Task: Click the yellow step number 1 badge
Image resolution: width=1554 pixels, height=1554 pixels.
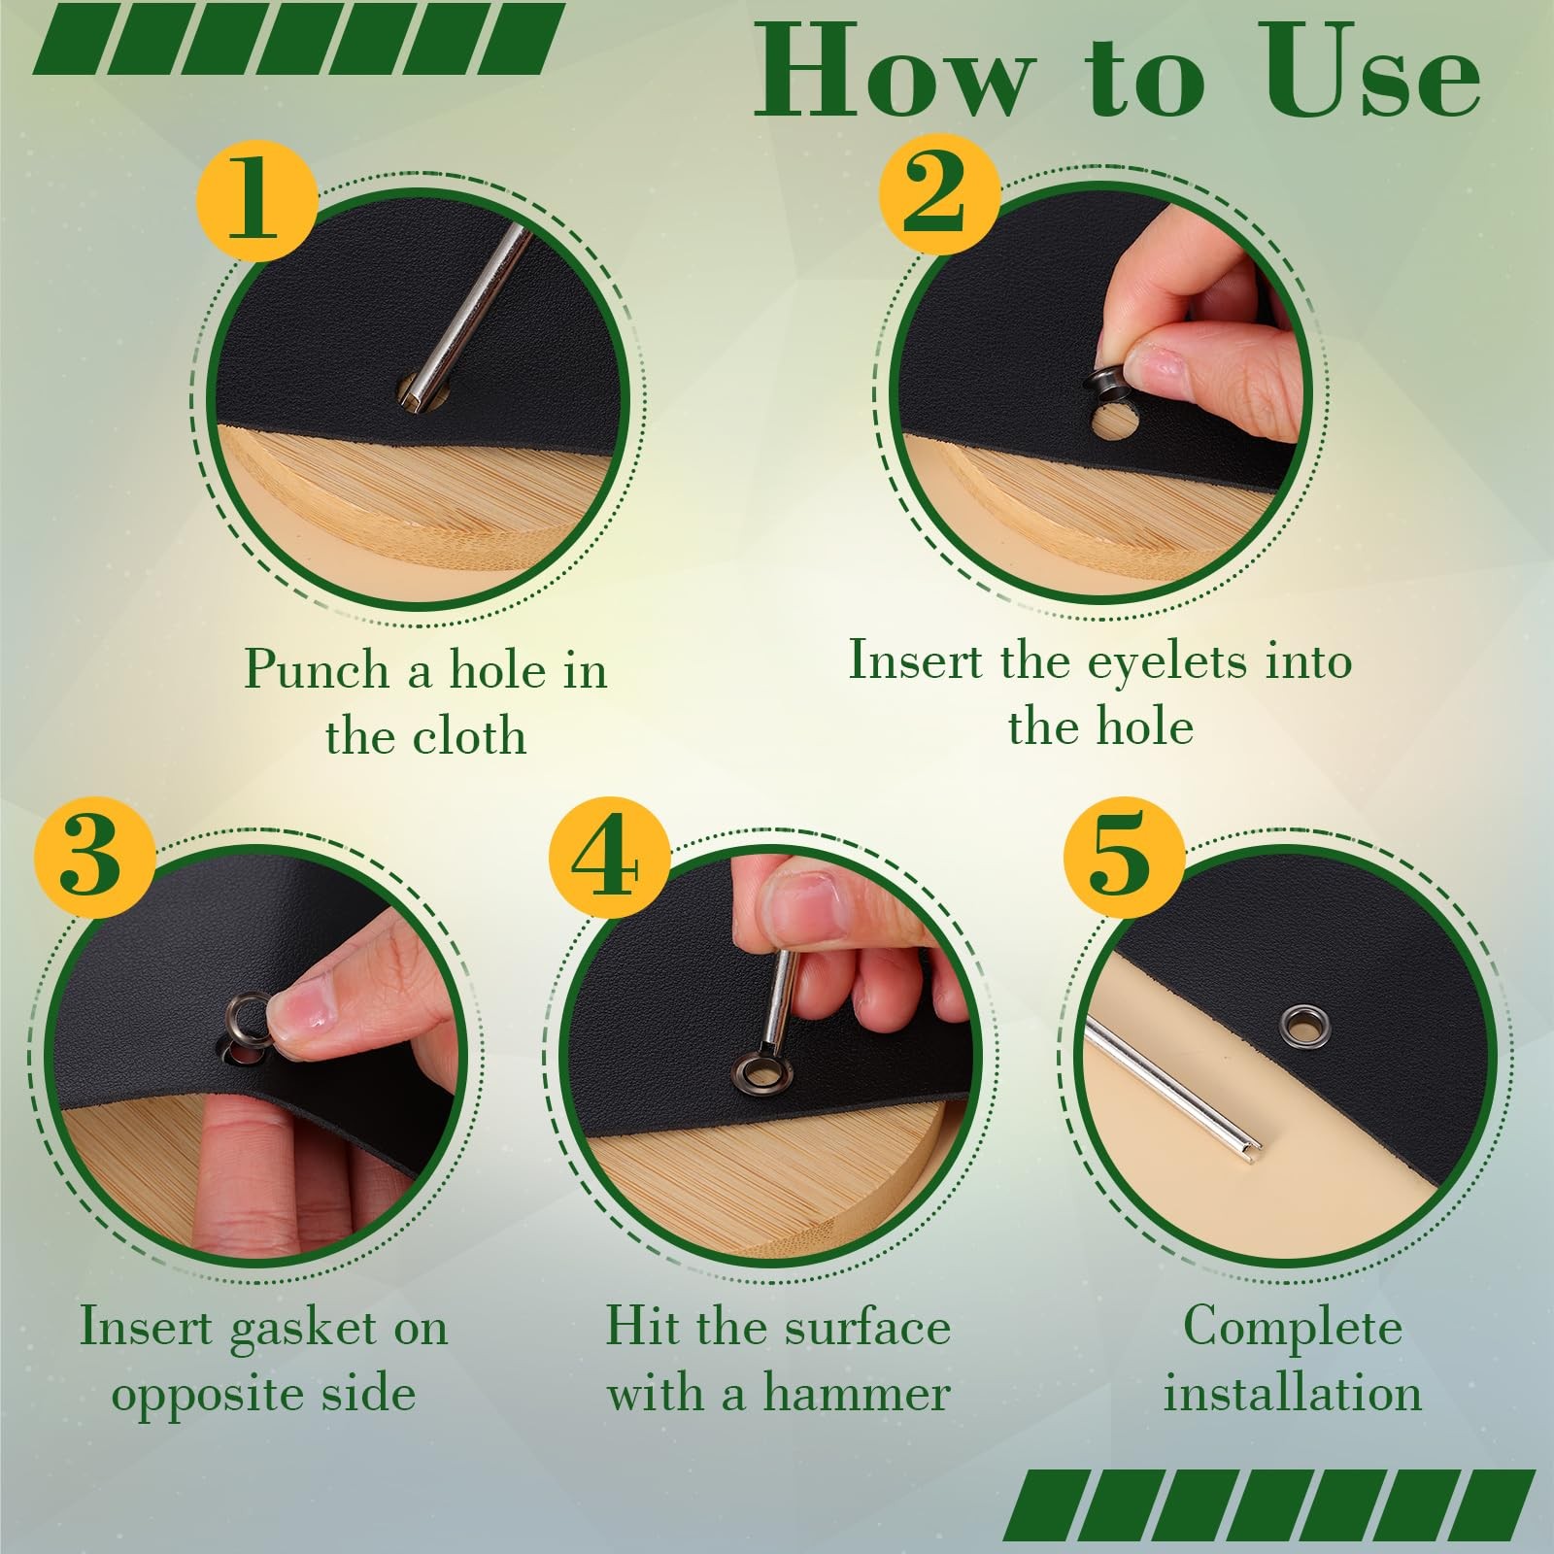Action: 257,201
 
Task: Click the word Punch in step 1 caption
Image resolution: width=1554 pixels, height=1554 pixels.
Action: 317,669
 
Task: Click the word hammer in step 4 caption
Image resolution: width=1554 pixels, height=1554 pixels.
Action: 855,1394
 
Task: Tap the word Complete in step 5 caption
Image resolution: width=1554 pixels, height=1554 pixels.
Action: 1293,1328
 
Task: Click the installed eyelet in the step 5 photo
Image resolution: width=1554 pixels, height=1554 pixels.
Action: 1302,1024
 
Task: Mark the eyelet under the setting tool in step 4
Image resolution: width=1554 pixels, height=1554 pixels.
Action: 764,1072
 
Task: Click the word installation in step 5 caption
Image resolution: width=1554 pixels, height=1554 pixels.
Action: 1293,1393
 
